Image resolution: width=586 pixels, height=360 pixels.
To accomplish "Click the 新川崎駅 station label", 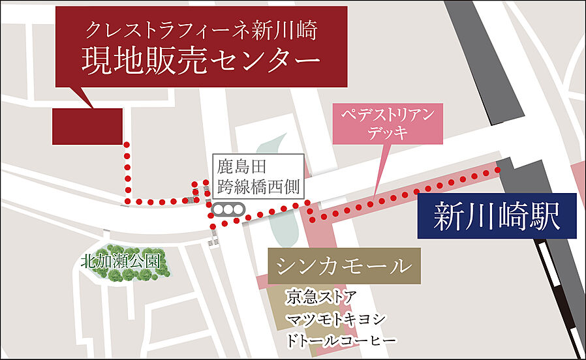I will click(497, 216).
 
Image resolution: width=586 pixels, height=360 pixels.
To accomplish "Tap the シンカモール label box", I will click(344, 266).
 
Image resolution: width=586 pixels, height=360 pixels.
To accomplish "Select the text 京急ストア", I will click(321, 298).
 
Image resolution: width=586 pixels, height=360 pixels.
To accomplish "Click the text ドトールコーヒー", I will click(341, 341).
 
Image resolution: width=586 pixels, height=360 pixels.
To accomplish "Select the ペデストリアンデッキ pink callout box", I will click(388, 124).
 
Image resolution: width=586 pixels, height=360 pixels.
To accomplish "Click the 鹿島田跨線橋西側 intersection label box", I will click(256, 175).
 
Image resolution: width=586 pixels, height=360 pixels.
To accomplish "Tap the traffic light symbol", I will click(228, 209).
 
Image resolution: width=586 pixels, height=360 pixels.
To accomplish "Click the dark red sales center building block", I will click(87, 126).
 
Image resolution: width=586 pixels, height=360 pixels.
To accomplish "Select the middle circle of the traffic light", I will click(228, 209).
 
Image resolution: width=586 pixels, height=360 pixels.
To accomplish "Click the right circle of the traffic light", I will click(238, 209).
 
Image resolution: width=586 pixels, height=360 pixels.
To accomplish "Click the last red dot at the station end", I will click(498, 170).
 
